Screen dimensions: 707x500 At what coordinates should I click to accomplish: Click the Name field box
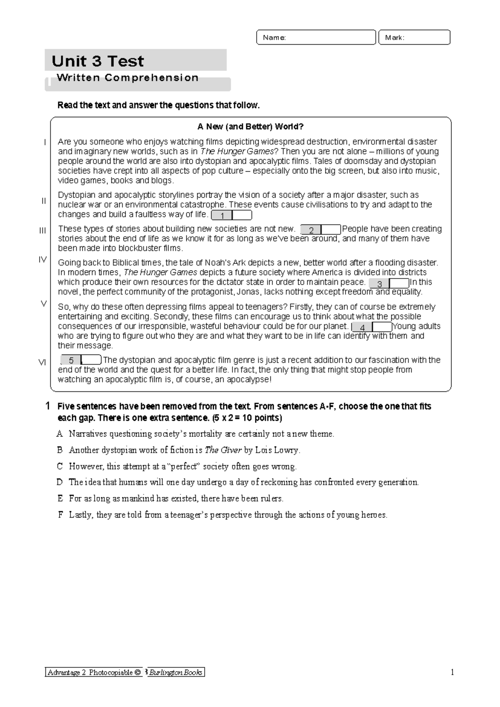[316, 37]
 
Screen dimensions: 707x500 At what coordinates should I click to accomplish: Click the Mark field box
[414, 37]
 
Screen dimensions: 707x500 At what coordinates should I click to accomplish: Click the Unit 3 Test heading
[97, 61]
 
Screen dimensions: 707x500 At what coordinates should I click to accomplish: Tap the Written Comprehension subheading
[127, 78]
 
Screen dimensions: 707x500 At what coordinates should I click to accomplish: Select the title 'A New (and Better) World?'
[250, 127]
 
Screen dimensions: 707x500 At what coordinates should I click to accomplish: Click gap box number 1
[231, 216]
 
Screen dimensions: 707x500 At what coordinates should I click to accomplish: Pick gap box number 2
[320, 230]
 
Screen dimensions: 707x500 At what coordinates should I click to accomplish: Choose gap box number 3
[389, 284]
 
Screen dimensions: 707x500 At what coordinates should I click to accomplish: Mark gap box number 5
[80, 360]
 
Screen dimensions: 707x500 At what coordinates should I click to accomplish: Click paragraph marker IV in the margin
[42, 260]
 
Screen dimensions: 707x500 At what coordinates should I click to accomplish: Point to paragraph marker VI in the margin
[42, 363]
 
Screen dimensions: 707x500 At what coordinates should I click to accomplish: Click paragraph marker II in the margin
[43, 201]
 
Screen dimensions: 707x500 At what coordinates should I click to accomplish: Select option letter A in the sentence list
[60, 434]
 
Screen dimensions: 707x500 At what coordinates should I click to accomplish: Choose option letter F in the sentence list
[60, 515]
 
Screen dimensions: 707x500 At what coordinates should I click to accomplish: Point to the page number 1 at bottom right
[452, 672]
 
